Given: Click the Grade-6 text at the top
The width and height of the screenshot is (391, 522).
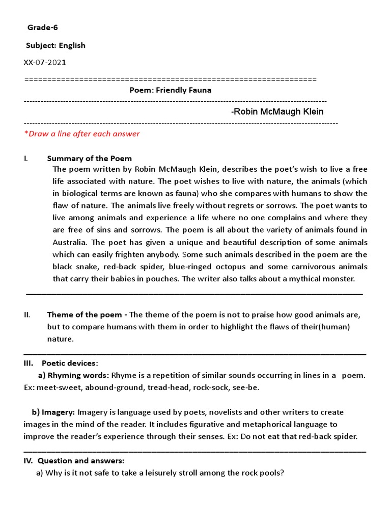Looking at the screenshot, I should click(39, 28).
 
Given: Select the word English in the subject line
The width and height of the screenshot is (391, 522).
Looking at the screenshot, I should click(72, 45).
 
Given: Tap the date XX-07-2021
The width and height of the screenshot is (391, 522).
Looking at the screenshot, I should click(44, 63).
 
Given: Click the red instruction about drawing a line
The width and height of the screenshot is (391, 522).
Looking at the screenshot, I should click(81, 134).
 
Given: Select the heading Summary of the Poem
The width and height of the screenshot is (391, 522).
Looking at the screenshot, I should click(89, 159).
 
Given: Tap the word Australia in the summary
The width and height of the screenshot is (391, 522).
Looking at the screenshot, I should click(71, 242).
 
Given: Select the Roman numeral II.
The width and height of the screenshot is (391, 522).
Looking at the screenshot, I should click(27, 315).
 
